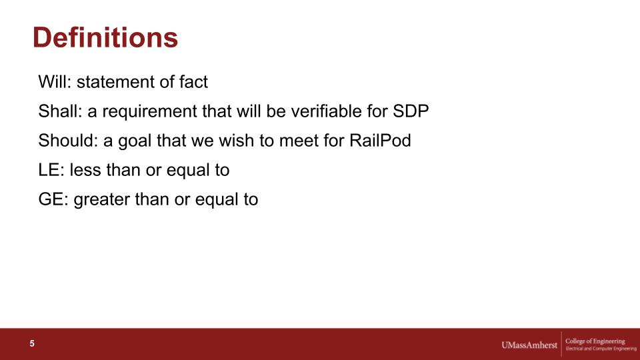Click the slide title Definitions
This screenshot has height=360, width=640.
pyautogui.click(x=105, y=37)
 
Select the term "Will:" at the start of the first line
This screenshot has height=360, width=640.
pyautogui.click(x=55, y=81)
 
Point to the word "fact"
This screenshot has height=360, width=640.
pyautogui.click(x=193, y=81)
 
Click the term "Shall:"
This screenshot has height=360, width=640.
pyautogui.click(x=61, y=111)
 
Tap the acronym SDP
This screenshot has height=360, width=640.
pyautogui.click(x=411, y=111)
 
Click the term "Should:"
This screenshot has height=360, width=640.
pyautogui.click(x=69, y=141)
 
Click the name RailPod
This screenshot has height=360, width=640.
pyautogui.click(x=380, y=141)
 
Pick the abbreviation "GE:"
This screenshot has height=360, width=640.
pyautogui.click(x=53, y=199)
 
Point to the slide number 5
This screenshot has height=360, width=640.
pyautogui.click(x=32, y=344)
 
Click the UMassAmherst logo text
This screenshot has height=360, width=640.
pyautogui.click(x=529, y=345)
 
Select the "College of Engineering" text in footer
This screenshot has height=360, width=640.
pyautogui.click(x=595, y=341)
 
